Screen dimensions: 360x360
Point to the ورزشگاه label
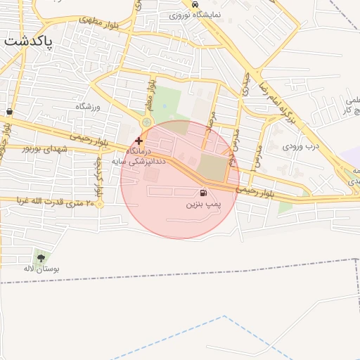(x=89, y=106)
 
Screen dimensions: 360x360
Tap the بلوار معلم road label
(x=149, y=94)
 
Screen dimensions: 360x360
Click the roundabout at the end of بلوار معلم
(x=146, y=124)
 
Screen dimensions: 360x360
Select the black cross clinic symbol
(x=139, y=141)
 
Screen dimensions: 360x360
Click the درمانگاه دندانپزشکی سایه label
(x=144, y=156)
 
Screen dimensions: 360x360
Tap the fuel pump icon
(x=204, y=193)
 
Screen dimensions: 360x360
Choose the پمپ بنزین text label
(x=203, y=204)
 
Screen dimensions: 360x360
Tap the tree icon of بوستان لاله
(x=39, y=257)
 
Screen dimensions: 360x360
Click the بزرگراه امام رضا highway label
(x=279, y=96)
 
